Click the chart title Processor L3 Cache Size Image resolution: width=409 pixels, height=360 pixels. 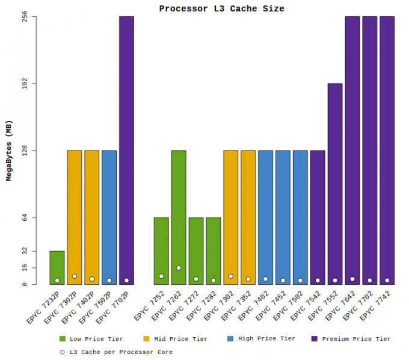(221, 8)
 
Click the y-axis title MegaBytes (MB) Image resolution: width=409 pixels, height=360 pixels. (8, 151)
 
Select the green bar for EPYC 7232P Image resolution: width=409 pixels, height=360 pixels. (57, 268)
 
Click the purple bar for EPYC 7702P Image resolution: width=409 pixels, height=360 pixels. (126, 151)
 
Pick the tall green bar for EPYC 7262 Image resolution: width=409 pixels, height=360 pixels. (179, 217)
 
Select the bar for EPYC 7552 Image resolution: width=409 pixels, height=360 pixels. (335, 184)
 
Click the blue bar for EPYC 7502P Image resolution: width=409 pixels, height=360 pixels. (109, 217)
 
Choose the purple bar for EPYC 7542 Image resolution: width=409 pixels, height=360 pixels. (318, 217)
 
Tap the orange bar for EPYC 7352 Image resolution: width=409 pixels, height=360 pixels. (248, 217)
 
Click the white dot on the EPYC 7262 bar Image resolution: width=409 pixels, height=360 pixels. (179, 268)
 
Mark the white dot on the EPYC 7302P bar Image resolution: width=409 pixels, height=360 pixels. (75, 276)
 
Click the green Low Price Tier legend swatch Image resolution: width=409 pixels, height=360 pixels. (62, 339)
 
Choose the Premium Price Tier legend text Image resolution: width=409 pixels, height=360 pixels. (356, 339)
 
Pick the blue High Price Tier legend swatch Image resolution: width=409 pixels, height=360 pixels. (230, 339)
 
